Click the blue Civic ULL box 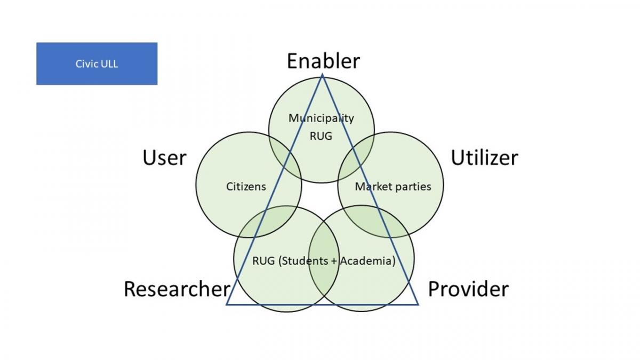tap(97, 63)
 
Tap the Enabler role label tap(323, 61)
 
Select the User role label tap(164, 158)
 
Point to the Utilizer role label tap(484, 158)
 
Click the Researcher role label tap(177, 289)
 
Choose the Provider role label tap(468, 289)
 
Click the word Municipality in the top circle tap(321, 118)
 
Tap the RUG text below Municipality tap(321, 136)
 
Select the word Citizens tap(246, 187)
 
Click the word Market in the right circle tap(371, 187)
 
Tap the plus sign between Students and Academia tap(333, 261)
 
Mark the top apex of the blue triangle tap(322, 74)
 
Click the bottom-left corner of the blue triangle tap(227, 305)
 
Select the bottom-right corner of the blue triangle tap(418, 305)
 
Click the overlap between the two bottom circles tap(324, 259)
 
